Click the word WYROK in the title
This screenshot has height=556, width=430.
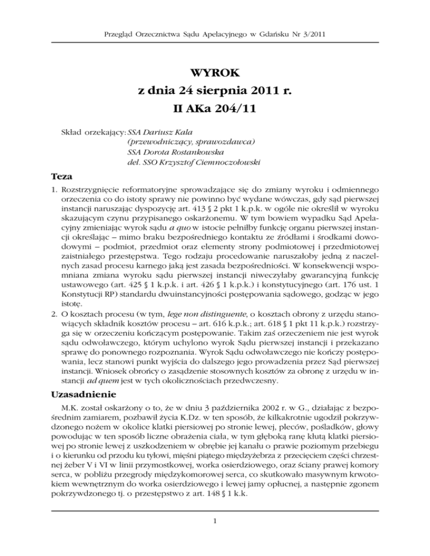[x=215, y=72]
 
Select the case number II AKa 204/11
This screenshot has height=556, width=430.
[x=215, y=110]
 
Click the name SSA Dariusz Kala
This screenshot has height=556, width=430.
[x=158, y=133]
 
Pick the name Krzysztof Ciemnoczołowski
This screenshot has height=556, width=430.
[x=194, y=162]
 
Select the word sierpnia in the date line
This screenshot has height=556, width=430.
[x=219, y=91]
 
